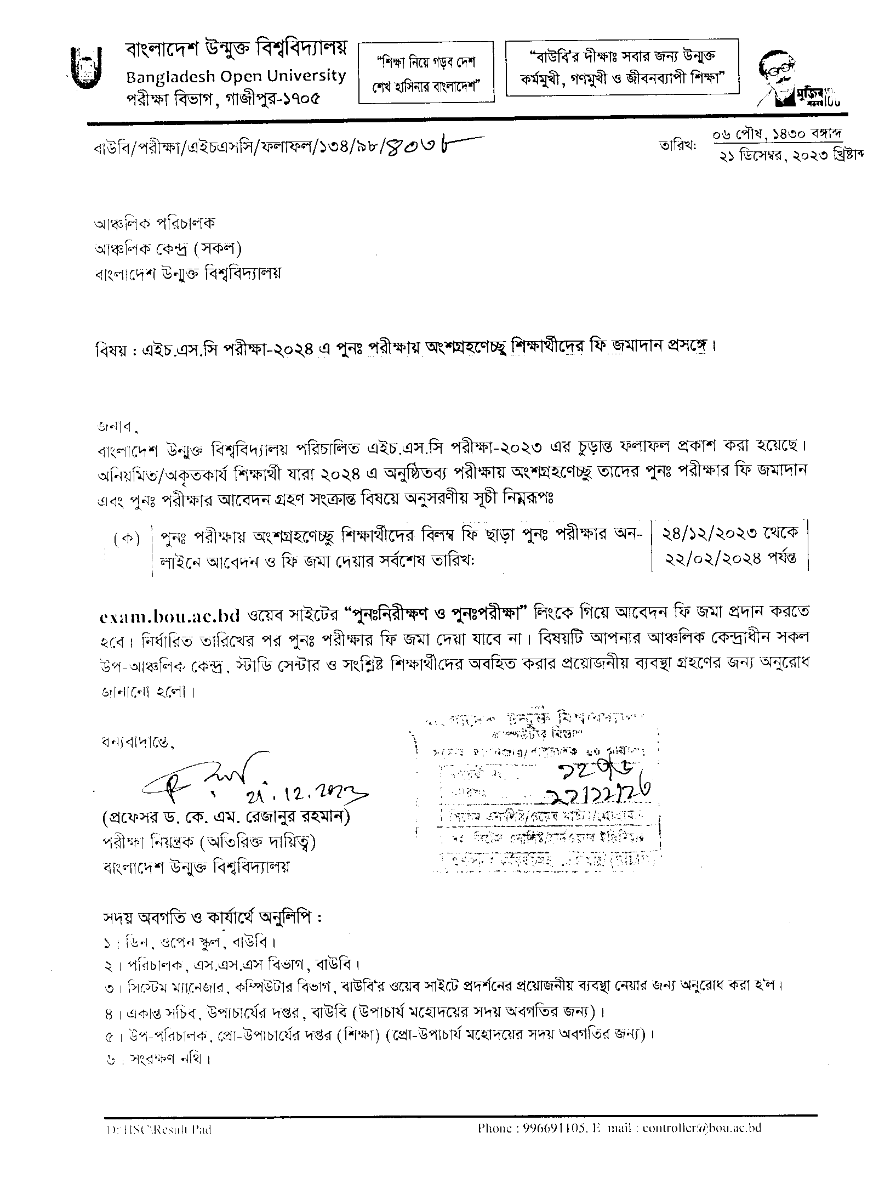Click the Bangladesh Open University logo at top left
point(86,67)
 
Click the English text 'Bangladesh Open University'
point(236,76)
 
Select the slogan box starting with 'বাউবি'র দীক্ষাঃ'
point(621,68)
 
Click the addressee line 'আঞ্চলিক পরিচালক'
point(155,223)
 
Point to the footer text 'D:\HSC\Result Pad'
point(159,1130)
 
